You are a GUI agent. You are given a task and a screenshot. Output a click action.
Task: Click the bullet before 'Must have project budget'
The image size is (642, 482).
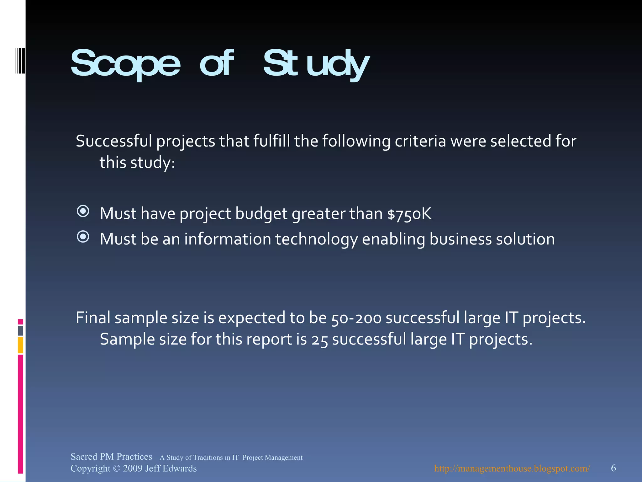pyautogui.click(x=83, y=211)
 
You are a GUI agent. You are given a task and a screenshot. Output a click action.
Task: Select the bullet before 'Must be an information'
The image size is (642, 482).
pyautogui.click(x=83, y=237)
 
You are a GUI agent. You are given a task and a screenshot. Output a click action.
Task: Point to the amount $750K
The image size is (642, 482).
pyautogui.click(x=409, y=214)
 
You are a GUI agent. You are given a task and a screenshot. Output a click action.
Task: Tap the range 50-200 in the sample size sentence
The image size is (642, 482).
pyautogui.click(x=356, y=318)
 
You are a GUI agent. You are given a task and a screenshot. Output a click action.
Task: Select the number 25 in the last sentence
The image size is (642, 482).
pyautogui.click(x=319, y=340)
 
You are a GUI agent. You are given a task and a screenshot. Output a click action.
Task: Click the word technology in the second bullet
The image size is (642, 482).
pyautogui.click(x=316, y=239)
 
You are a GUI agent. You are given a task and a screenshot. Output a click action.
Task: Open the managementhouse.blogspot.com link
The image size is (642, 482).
pyautogui.click(x=512, y=469)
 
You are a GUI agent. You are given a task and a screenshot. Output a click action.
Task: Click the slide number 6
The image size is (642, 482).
pyautogui.click(x=613, y=468)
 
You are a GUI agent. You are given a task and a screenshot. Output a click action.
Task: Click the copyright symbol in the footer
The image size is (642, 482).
pyautogui.click(x=116, y=469)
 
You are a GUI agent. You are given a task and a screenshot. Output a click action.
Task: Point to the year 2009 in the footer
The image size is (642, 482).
pyautogui.click(x=133, y=469)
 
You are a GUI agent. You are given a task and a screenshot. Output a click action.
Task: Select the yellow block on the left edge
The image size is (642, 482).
pyautogui.click(x=20, y=345)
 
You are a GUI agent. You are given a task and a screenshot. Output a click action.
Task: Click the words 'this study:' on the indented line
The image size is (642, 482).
pyautogui.click(x=137, y=163)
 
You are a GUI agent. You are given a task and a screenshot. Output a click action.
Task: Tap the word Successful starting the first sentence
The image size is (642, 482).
pyautogui.click(x=114, y=141)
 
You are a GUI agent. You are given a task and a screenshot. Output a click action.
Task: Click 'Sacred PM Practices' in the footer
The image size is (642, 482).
pyautogui.click(x=111, y=457)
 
